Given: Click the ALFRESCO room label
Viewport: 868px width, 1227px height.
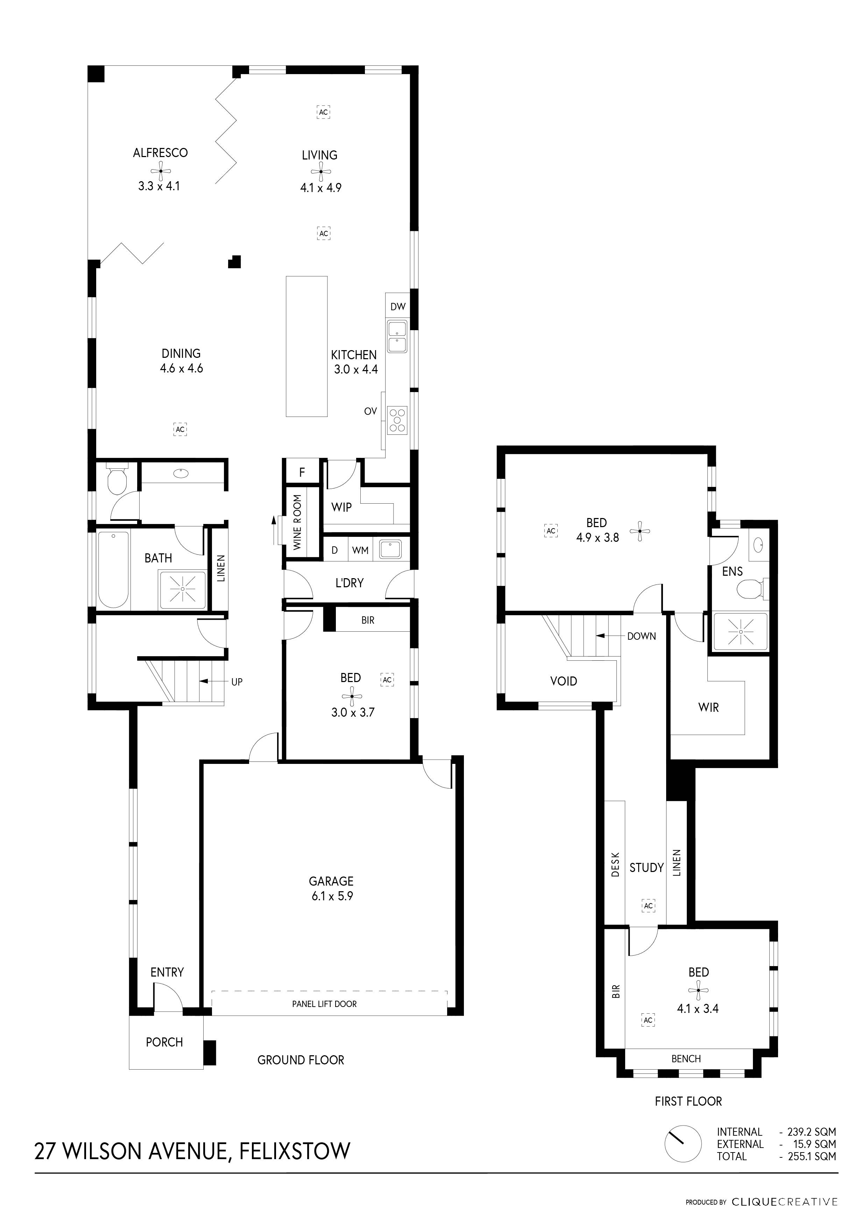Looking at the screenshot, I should (x=160, y=153).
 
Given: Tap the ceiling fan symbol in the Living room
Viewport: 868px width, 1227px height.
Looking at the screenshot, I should (x=320, y=171).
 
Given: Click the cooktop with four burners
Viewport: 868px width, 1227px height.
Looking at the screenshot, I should (x=397, y=420).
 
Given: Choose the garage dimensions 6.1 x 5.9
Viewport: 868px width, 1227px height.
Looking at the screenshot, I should (x=332, y=896).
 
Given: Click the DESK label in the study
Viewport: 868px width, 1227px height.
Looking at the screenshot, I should (x=615, y=865).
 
